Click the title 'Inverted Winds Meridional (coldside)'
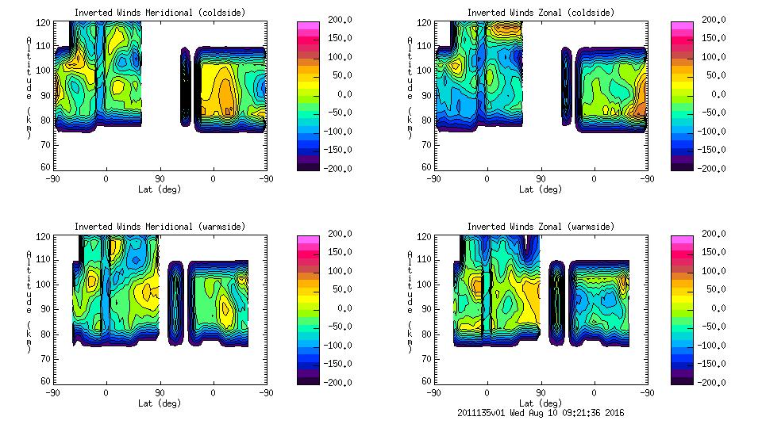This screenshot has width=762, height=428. click(x=160, y=13)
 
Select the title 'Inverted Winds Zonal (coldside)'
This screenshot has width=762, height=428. click(x=540, y=13)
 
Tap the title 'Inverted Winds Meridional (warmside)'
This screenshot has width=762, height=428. click(x=160, y=227)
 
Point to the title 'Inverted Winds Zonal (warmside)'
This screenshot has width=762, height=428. click(x=540, y=227)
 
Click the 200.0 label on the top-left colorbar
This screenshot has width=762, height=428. click(x=337, y=20)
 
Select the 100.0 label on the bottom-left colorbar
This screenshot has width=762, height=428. click(x=337, y=271)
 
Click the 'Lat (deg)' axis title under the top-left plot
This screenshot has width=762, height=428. click(x=160, y=189)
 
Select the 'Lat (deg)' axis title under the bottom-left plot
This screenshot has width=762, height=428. click(x=160, y=403)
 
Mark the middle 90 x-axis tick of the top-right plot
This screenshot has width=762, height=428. click(x=541, y=179)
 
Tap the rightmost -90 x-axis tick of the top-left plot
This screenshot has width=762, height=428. click(x=267, y=179)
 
